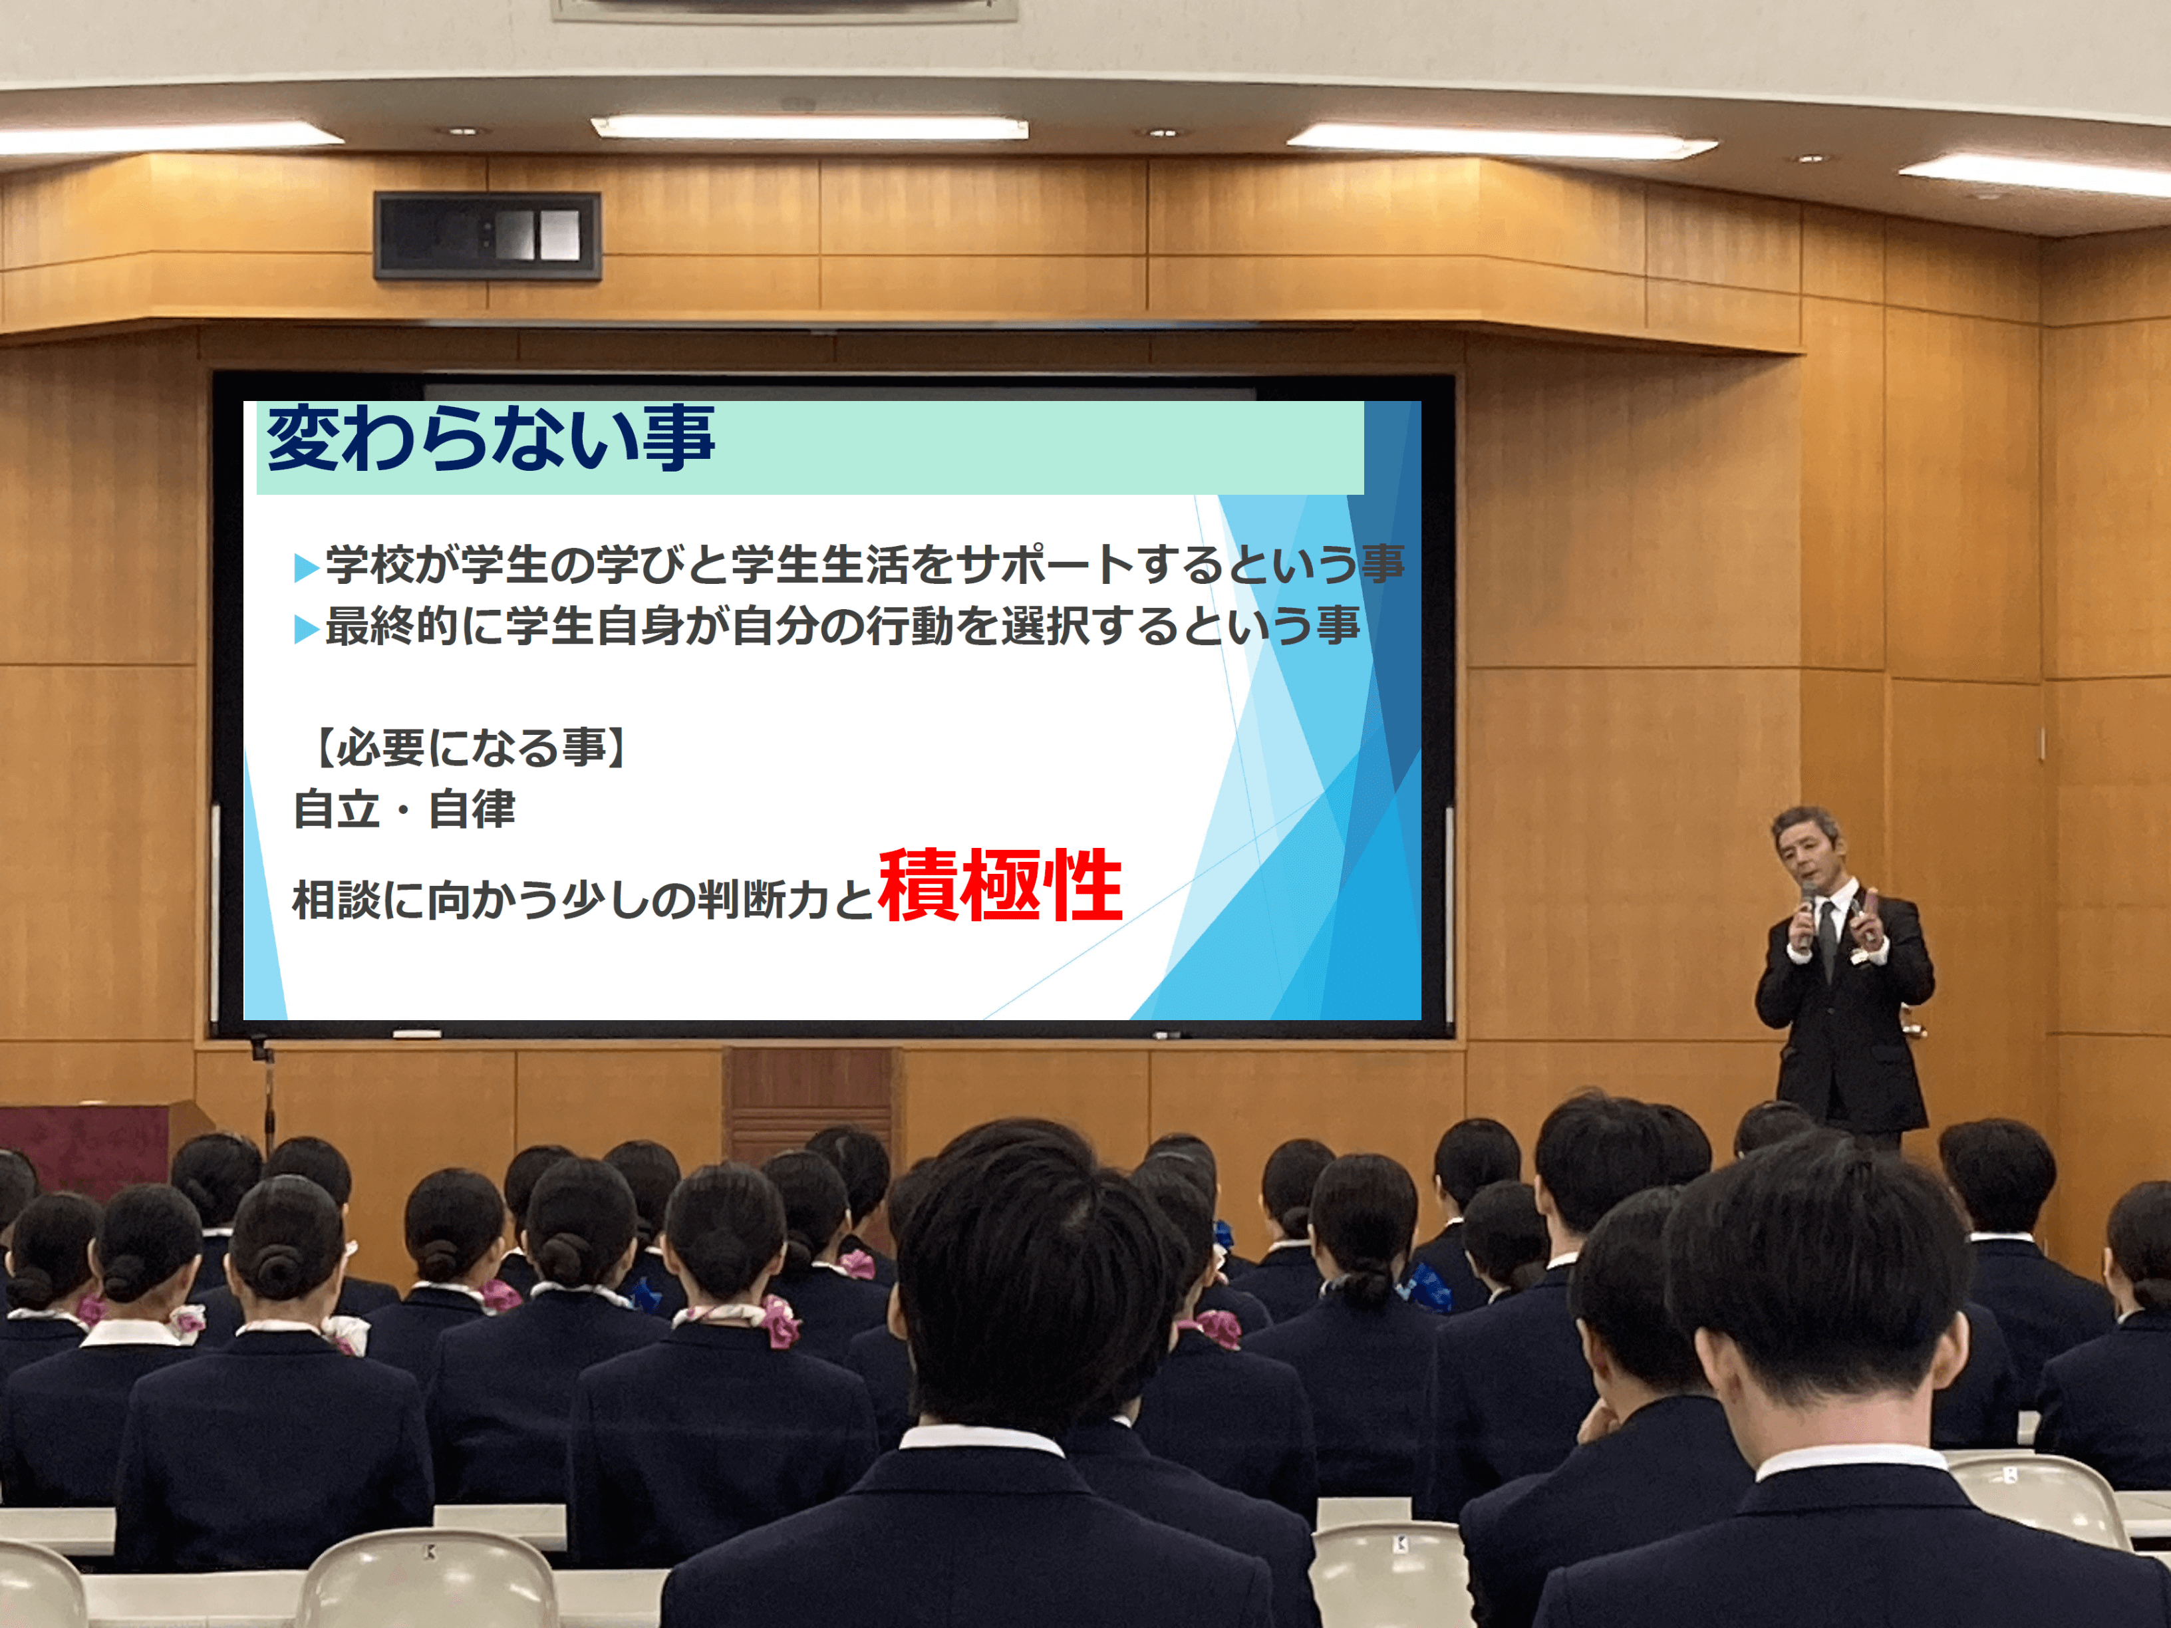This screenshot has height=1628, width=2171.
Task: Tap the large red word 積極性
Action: point(1000,885)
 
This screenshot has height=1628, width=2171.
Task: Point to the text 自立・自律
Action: point(404,809)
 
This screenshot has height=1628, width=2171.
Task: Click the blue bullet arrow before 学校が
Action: point(306,567)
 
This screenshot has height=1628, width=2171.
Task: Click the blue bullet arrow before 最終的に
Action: point(306,629)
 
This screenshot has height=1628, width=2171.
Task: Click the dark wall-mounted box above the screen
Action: point(487,235)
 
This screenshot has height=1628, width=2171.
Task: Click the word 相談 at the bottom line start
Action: point(338,900)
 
